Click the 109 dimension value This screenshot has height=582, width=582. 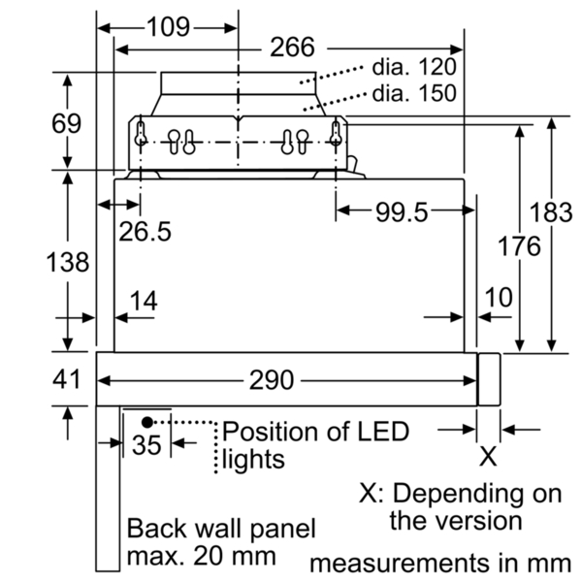click(169, 27)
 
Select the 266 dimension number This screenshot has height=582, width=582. click(293, 48)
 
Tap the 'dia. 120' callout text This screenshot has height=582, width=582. click(414, 67)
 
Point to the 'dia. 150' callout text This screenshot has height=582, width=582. click(414, 93)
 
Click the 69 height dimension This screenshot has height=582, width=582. click(66, 123)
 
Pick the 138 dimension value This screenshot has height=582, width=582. click(68, 262)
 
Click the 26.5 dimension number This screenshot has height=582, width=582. click(145, 232)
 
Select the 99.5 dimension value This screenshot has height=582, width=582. click(402, 212)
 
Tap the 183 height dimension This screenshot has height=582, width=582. click(551, 212)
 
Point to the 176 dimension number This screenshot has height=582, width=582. click(519, 246)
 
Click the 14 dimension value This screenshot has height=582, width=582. click(144, 301)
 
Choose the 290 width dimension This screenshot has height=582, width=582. click(272, 380)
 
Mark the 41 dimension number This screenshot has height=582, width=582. click(66, 379)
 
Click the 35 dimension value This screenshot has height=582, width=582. click(146, 444)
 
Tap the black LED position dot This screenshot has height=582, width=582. click(147, 422)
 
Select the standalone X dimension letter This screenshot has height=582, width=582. click(488, 457)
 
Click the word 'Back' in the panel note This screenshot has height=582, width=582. click(156, 529)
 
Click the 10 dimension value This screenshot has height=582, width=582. click(499, 298)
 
